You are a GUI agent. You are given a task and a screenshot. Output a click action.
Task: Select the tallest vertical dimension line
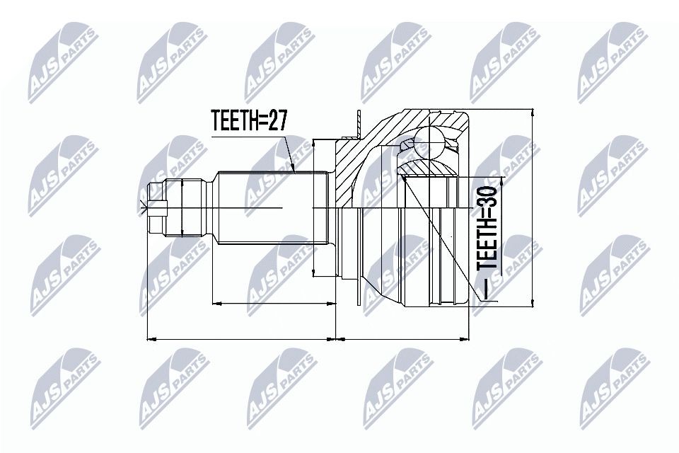531,209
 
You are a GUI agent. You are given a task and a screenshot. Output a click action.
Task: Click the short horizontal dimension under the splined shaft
273,304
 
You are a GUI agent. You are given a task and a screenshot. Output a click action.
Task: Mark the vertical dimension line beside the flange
314,209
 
